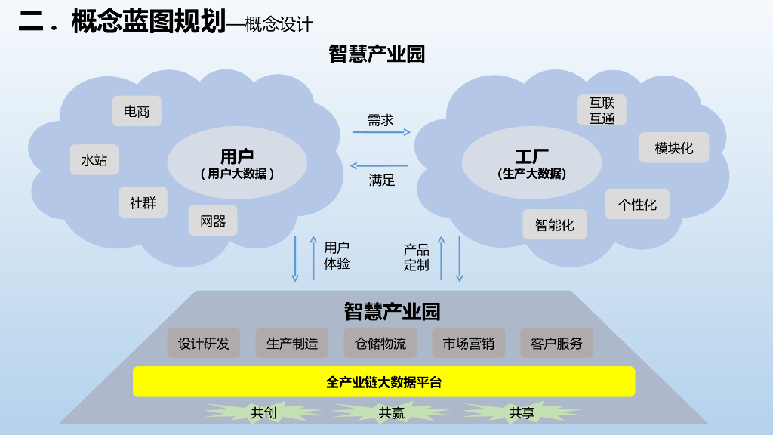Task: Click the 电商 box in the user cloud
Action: pyautogui.click(x=137, y=111)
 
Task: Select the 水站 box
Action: pyautogui.click(x=94, y=160)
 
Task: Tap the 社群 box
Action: pyautogui.click(x=143, y=202)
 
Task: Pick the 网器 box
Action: pyautogui.click(x=213, y=221)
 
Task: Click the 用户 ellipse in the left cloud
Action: pyautogui.click(x=236, y=163)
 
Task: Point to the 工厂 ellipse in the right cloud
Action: pyautogui.click(x=531, y=163)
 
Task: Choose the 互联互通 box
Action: pyautogui.click(x=602, y=110)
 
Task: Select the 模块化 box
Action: pyautogui.click(x=673, y=148)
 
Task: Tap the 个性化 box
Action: pyautogui.click(x=637, y=204)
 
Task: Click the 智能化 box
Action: pyautogui.click(x=554, y=224)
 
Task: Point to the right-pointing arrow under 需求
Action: pyautogui.click(x=381, y=132)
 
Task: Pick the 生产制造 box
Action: pyautogui.click(x=292, y=344)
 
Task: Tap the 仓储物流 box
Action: pyautogui.click(x=380, y=344)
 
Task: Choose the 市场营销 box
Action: pyautogui.click(x=468, y=344)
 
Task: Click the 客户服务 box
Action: pyautogui.click(x=556, y=344)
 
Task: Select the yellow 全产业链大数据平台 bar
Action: pyautogui.click(x=383, y=382)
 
